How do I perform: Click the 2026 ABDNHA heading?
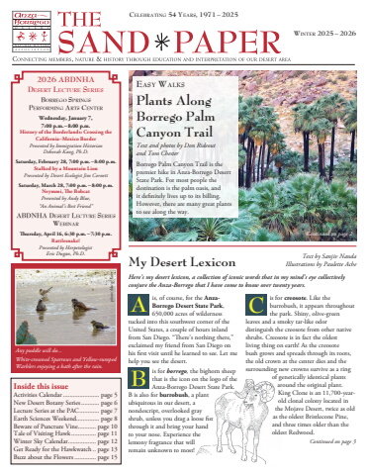pyautogui.click(x=64, y=78)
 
